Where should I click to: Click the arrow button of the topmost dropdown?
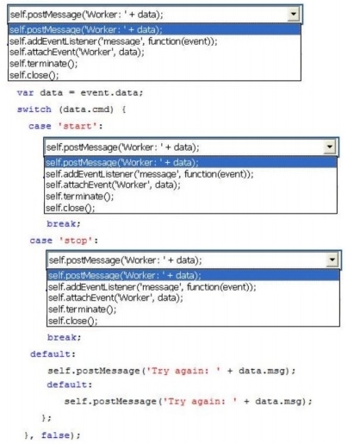tap(294, 14)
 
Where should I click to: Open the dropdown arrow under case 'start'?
tap(330, 147)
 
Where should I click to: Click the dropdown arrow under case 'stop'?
tap(332, 260)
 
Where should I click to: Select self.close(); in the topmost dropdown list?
tap(34, 75)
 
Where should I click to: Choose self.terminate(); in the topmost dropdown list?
tap(43, 64)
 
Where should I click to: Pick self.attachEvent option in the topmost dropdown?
tap(77, 52)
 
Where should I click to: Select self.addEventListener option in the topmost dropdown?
tap(114, 41)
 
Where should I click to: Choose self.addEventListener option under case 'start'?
tap(150, 174)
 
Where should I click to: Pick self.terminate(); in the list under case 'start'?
tap(79, 197)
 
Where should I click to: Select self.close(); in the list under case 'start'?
tap(70, 208)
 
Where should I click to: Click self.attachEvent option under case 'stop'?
tap(115, 297)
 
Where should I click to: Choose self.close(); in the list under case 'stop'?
tap(72, 321)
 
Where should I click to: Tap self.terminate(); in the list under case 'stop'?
tap(82, 310)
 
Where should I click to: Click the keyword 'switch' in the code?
tap(34, 109)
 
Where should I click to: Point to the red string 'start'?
tap(78, 126)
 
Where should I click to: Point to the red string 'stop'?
tap(76, 241)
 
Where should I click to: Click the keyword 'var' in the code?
tap(25, 93)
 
